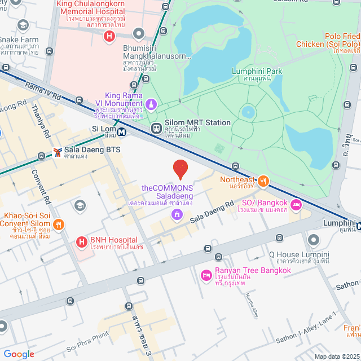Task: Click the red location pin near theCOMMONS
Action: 180,168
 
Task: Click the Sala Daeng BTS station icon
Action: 56,152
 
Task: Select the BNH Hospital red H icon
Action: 82,243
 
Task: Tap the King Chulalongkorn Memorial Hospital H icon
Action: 109,37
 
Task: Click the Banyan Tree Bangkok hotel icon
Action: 206,275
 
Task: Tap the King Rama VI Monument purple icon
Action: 151,104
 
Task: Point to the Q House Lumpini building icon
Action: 314,241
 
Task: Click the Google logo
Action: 19,354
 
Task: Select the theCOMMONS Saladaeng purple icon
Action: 177,214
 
